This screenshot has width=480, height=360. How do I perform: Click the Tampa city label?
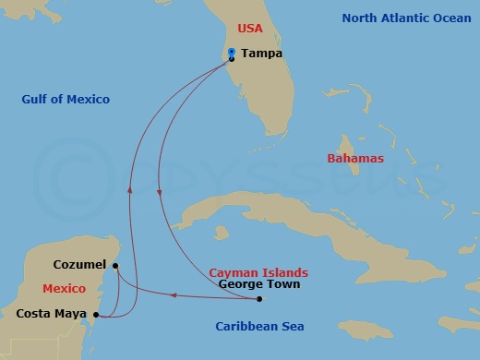261,54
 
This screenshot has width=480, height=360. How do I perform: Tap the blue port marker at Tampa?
232,55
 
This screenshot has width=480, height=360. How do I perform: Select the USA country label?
250,30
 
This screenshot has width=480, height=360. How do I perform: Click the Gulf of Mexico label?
66,99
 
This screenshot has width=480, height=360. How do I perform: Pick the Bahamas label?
355,159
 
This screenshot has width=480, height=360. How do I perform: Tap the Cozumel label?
80,264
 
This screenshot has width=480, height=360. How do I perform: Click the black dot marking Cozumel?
115,267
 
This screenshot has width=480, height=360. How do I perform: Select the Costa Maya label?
51,314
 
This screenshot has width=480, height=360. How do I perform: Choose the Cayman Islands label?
258,273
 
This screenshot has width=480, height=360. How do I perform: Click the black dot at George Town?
259,299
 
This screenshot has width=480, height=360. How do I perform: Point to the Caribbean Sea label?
259,327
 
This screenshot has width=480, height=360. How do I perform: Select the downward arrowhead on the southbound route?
161,193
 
